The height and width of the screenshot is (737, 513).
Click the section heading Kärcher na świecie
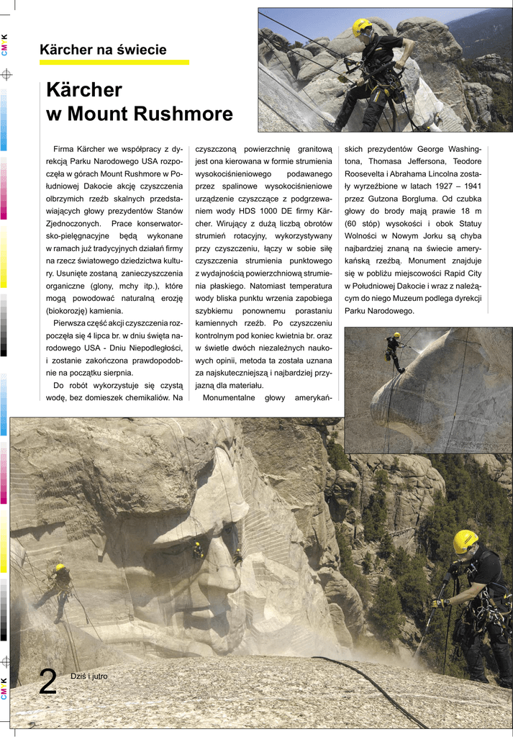(x=103, y=50)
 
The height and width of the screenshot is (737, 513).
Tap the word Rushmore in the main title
(x=183, y=114)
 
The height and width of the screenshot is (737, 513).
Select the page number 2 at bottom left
(x=47, y=682)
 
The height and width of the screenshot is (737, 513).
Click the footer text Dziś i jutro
(x=88, y=676)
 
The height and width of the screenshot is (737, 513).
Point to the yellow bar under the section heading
(x=114, y=63)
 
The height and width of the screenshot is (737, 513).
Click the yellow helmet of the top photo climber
(x=361, y=27)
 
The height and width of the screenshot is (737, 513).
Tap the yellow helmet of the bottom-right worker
(x=465, y=540)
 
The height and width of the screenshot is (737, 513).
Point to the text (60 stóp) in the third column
(x=366, y=223)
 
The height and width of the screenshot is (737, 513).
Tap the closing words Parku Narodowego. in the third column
(x=379, y=311)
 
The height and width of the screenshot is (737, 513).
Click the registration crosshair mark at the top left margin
(x=6, y=73)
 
